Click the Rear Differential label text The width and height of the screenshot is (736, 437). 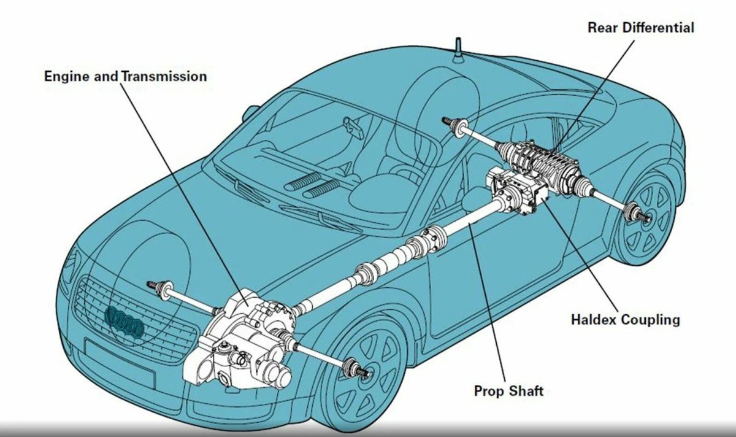(641, 28)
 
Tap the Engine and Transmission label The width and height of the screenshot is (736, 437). (126, 76)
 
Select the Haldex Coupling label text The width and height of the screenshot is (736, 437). (626, 320)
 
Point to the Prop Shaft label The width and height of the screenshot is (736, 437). (508, 391)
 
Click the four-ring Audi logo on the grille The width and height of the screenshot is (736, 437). (124, 321)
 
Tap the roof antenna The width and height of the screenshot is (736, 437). (458, 51)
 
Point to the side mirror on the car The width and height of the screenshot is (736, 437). (250, 113)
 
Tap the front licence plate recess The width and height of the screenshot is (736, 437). (120, 362)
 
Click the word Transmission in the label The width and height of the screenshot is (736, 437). (164, 76)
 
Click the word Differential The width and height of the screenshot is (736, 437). (659, 28)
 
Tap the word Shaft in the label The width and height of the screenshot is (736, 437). (526, 391)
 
